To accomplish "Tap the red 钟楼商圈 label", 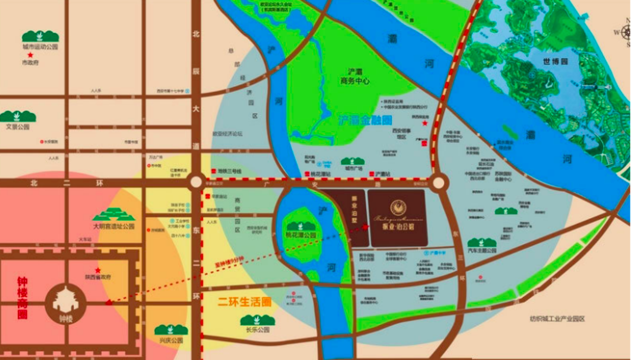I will (22, 298).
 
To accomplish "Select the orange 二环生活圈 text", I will (245, 302).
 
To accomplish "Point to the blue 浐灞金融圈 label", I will (365, 120).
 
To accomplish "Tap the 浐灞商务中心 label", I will (354, 76).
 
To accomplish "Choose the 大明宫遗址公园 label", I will (113, 226).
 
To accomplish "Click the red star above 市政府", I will (30, 55).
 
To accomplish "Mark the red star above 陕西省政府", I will (97, 270).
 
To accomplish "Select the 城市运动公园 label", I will (40, 46).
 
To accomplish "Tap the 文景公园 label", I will (17, 127).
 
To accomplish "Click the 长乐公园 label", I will (257, 330).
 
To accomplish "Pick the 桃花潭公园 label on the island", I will (301, 235).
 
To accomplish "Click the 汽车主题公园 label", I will (482, 250).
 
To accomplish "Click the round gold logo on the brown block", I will (398, 207).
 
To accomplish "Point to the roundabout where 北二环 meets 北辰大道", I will (196, 182).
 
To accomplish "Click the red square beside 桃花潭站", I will (306, 173).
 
